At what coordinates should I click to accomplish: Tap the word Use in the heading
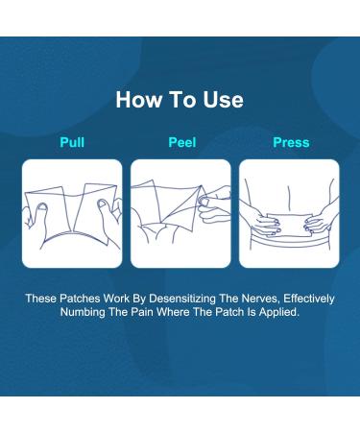pos(223,100)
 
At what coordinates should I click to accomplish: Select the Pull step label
pos(72,142)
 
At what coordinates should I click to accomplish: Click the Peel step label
pos(182,142)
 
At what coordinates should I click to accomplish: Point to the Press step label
pos(291,142)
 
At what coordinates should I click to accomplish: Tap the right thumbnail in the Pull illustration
pos(103,203)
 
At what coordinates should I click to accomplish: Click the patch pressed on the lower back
pos(289,226)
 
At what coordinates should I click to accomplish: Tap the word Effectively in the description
pos(309,299)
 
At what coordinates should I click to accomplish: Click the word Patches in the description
pos(80,299)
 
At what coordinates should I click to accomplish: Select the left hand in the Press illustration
pos(261,219)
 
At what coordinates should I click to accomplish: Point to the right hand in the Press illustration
pos(320,218)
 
